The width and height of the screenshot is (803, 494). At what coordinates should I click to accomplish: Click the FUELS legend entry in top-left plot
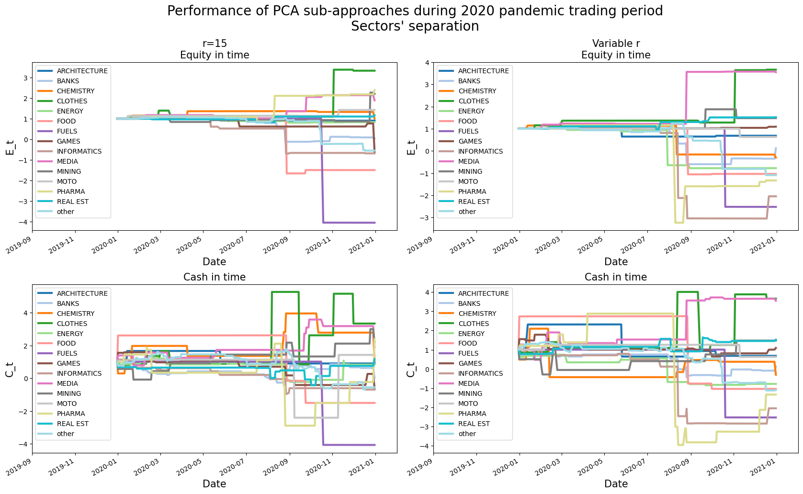pos(67,131)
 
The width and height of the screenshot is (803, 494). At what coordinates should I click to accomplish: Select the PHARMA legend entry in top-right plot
pos(472,191)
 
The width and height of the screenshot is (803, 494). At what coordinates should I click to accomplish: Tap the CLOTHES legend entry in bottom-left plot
pos(72,324)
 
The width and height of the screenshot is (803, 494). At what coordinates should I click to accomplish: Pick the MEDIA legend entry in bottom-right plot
pos(468,383)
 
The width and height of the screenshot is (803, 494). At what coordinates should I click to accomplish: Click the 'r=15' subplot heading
pos(215,44)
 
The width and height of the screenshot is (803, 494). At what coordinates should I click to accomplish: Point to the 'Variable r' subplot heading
pos(616,44)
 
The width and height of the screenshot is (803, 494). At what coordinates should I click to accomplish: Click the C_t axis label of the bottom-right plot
pos(411,369)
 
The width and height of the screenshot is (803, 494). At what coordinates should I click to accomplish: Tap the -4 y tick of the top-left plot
pos(25,222)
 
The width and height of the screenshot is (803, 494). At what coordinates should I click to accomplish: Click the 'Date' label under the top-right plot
pos(616,262)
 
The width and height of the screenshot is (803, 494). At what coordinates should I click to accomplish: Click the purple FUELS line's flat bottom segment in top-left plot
pos(350,223)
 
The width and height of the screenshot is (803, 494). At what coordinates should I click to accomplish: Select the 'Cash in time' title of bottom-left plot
pos(215,277)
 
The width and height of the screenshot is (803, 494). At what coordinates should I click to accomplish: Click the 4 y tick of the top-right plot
pos(426,62)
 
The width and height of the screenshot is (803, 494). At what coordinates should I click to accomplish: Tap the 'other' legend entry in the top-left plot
pos(66,212)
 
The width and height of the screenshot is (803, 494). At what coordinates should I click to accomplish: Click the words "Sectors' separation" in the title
pos(415,26)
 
